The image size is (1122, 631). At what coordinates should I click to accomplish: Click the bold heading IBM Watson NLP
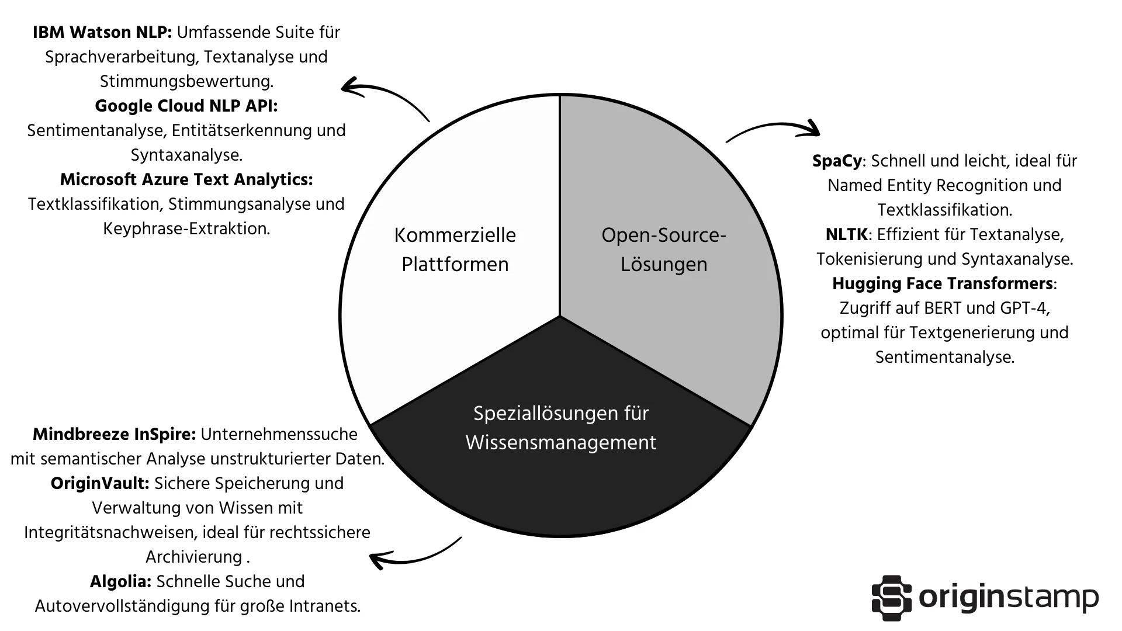tap(102, 33)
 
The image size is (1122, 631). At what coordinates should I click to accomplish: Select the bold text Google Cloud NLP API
tap(186, 106)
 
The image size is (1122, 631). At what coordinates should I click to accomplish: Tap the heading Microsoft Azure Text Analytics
tap(186, 180)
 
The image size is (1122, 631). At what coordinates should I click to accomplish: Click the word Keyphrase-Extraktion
tap(186, 229)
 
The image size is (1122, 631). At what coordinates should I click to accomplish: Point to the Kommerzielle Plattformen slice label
tap(455, 249)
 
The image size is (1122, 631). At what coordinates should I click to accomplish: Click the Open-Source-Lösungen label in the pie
tap(663, 249)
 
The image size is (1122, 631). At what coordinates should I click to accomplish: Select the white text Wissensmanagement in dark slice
tap(560, 443)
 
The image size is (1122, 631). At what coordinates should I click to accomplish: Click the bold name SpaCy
tap(837, 161)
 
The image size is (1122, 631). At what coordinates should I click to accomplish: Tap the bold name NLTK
tap(846, 235)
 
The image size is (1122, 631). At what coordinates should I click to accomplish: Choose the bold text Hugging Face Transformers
tap(942, 284)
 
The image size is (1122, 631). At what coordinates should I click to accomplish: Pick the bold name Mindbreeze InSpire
tap(114, 435)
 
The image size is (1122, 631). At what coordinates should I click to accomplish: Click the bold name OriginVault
tap(100, 484)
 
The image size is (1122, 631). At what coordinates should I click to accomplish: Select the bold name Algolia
tap(120, 582)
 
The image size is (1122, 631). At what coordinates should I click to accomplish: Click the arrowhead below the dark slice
tap(378, 560)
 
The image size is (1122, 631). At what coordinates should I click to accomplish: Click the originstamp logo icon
tap(891, 598)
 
